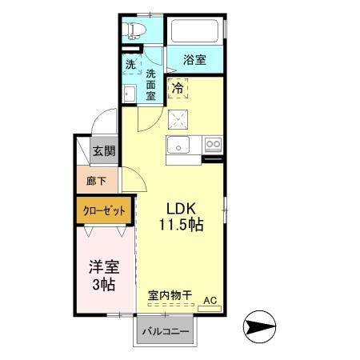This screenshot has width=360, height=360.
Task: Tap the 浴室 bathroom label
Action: click(x=195, y=60)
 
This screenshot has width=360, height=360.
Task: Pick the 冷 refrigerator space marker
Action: click(x=177, y=90)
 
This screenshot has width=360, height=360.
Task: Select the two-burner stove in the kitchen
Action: click(x=213, y=145)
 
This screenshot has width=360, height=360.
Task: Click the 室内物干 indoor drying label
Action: click(x=170, y=295)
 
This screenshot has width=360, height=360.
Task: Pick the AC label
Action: click(x=210, y=300)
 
